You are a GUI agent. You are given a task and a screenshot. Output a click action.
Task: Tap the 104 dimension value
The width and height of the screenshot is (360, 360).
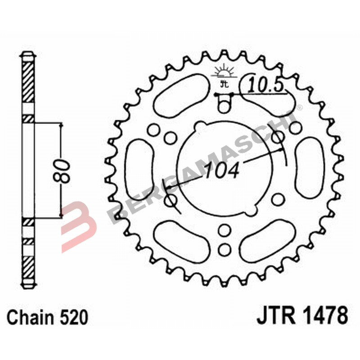pyautogui.click(x=221, y=171)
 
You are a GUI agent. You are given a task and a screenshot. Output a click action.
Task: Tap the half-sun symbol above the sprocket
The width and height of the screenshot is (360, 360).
pyautogui.click(x=224, y=71)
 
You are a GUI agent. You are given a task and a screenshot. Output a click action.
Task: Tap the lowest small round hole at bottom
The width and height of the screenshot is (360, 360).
pyautogui.click(x=224, y=249)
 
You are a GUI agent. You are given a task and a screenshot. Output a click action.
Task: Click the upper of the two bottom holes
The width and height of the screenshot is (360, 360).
pyautogui.click(x=224, y=231)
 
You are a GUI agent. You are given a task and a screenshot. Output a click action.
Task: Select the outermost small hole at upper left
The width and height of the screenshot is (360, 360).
pyautogui.click(x=154, y=130)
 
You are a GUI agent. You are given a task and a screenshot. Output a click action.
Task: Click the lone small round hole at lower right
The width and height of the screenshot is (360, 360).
pyautogui.click(x=279, y=198)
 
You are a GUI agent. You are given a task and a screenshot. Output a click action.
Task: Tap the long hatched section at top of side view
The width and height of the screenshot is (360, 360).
pyautogui.click(x=28, y=81)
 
